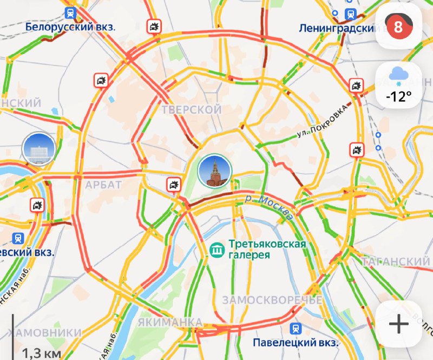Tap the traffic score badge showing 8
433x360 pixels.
coord(398,27)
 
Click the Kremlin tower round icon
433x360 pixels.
coord(215,170)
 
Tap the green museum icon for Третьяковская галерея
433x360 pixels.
coord(218,250)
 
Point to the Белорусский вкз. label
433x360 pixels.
coord(71,26)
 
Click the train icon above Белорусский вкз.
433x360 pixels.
coord(70,12)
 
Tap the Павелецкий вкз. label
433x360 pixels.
coord(296,343)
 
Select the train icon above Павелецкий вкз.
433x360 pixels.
coord(296,328)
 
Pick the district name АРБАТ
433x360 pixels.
coord(103,185)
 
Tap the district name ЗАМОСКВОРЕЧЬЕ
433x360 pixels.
coord(272,300)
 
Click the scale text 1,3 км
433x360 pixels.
coord(40,352)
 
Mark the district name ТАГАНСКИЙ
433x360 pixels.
coord(396,262)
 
